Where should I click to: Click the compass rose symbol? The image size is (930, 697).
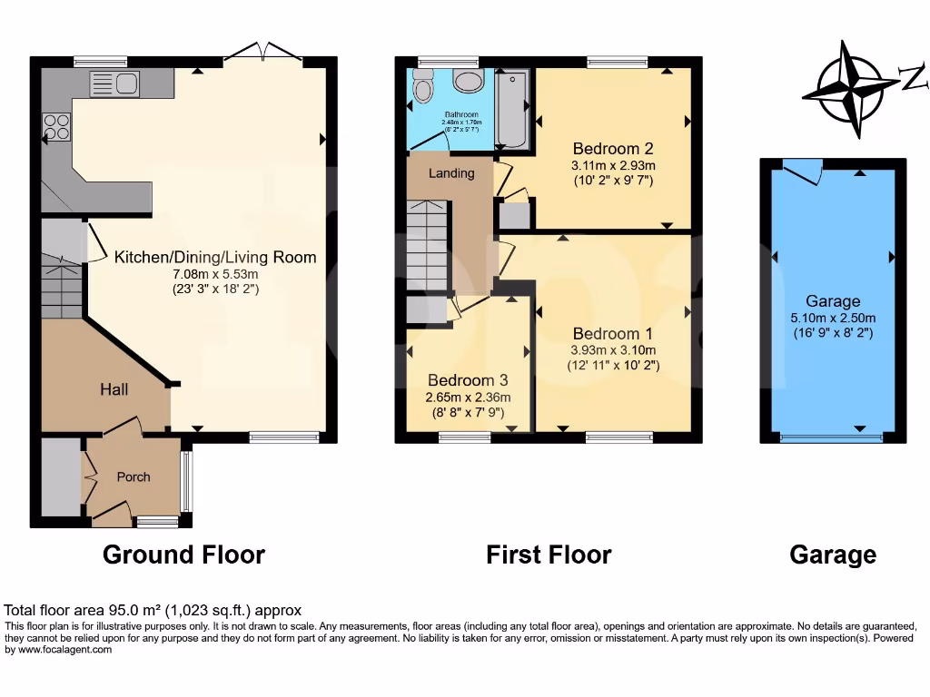click(851, 89)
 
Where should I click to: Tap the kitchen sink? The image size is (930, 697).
click(114, 85)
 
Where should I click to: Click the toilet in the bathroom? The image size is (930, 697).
click(422, 89)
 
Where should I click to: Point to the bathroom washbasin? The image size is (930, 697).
click(470, 82)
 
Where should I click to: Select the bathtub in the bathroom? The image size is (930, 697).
click(512, 110)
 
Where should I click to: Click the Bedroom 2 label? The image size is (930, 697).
click(613, 148)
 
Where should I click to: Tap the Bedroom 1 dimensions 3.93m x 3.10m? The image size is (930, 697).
click(613, 350)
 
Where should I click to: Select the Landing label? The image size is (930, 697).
click(451, 172)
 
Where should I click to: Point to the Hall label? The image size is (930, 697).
click(114, 389)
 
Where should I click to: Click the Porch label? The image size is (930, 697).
click(134, 476)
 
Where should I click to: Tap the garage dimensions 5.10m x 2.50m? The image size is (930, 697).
click(832, 318)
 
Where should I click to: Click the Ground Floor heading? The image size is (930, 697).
click(183, 555)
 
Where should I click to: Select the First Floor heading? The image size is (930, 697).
click(549, 555)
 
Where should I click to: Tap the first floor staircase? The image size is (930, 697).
click(427, 246)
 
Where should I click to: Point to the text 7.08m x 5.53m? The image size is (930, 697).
click(215, 274)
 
